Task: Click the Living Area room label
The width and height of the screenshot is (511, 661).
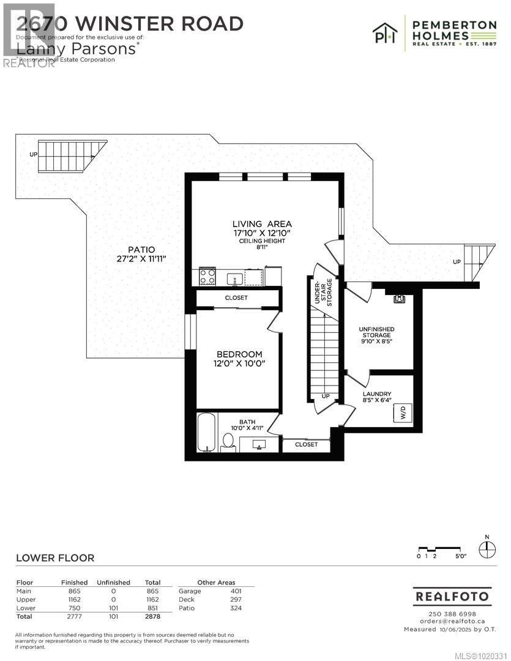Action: pos(261,224)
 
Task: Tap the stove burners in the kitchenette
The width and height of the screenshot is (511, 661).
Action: pos(207,277)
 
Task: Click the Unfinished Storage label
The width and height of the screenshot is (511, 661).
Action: pos(376,336)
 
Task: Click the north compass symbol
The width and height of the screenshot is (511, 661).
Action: pos(487,549)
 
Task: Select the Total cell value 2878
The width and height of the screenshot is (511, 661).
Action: pos(152,617)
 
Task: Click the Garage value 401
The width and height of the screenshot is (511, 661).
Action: pos(236,591)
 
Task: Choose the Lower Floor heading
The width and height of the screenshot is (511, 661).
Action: pos(55,558)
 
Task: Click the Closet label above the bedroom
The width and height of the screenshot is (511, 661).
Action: pos(236,297)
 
